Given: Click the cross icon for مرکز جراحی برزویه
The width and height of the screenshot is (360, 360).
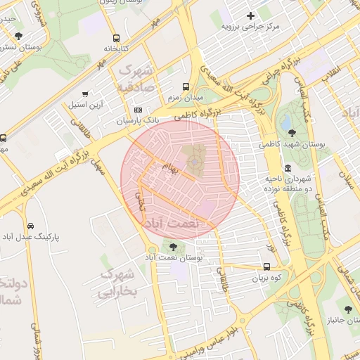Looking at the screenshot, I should click(251, 15).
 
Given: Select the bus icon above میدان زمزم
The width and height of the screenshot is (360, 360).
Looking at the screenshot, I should click(186, 86).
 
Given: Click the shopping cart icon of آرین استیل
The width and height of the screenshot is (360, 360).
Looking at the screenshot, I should click(86, 94).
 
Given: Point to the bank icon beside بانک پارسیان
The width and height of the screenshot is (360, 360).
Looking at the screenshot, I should click(138, 110).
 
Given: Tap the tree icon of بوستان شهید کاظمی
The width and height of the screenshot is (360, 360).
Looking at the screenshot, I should click(292, 132).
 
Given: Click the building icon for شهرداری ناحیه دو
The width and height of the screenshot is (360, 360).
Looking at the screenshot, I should click(288, 168).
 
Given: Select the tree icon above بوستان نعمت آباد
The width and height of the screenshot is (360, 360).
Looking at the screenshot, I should click(173, 245).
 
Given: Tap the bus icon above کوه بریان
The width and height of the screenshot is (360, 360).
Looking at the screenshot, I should click(266, 266).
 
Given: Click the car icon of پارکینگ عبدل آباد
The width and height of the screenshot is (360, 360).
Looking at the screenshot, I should click(30, 226).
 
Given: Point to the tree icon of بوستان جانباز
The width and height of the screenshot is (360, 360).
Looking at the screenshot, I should click(347, 309).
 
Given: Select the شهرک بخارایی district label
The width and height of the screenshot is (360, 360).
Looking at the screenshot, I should click(115, 281).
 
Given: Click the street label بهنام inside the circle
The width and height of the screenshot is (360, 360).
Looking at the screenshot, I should click(172, 167).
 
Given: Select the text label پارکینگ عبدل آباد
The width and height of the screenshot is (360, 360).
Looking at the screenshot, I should click(32, 238).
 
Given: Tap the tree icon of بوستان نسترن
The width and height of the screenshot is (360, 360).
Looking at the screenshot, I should click(19, 36).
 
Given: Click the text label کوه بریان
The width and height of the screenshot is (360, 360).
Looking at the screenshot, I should click(266, 278).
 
